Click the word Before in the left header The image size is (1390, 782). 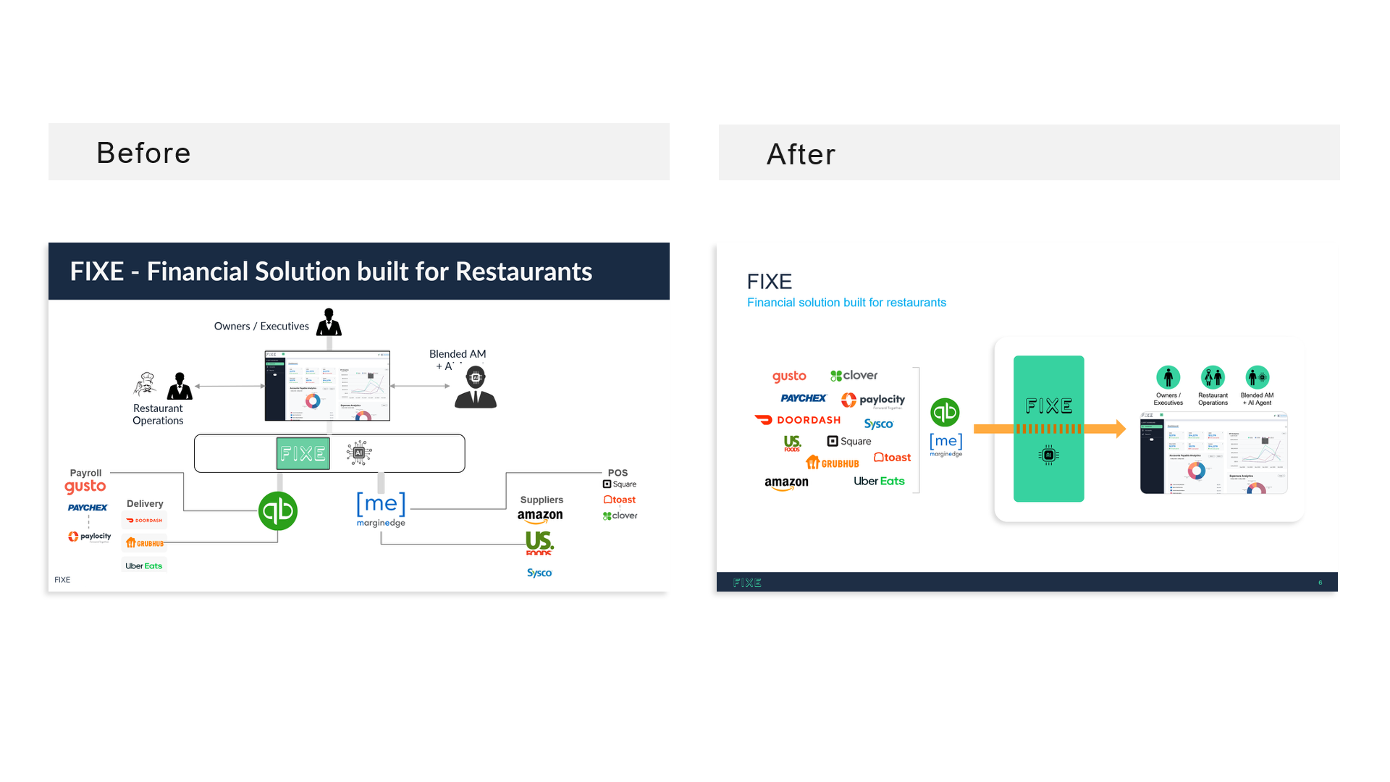[x=143, y=153]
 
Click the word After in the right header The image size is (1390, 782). [x=801, y=154]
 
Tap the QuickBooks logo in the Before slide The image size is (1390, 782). [x=278, y=511]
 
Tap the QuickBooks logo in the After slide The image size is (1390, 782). [x=945, y=413]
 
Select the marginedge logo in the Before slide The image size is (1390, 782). [x=381, y=508]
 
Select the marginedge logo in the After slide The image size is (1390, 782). [x=946, y=444]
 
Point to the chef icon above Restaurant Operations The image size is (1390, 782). [x=146, y=384]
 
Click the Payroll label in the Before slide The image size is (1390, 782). [x=85, y=473]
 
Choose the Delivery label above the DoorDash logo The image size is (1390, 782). [x=145, y=504]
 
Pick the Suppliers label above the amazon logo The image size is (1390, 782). [x=542, y=500]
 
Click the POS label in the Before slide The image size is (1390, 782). [x=618, y=473]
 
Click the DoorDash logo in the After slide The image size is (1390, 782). [x=798, y=420]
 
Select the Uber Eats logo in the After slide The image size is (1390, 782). [x=879, y=481]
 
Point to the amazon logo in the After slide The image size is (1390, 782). [x=786, y=483]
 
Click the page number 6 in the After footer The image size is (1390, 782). [x=1320, y=583]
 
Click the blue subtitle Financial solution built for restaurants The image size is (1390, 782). [x=846, y=303]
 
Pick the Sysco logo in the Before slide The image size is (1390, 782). [x=539, y=573]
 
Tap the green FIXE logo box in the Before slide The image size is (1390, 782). [x=303, y=453]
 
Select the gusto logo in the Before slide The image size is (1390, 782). [x=85, y=487]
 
